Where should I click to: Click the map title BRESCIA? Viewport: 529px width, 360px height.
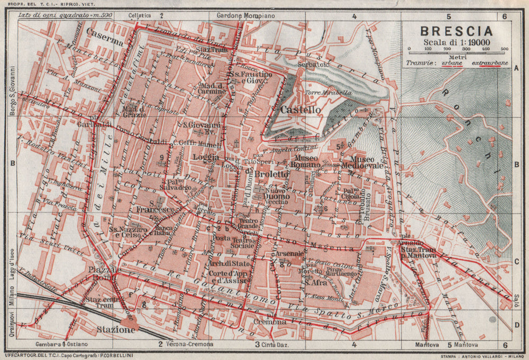pyautogui.click(x=456, y=32)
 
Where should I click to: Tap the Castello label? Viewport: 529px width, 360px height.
pyautogui.click(x=301, y=110)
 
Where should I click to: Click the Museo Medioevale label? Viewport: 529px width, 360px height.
pyautogui.click(x=363, y=162)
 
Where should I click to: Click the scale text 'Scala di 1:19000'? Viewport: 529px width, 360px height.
pyautogui.click(x=455, y=43)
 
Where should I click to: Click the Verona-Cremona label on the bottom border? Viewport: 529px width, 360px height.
pyautogui.click(x=191, y=344)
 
